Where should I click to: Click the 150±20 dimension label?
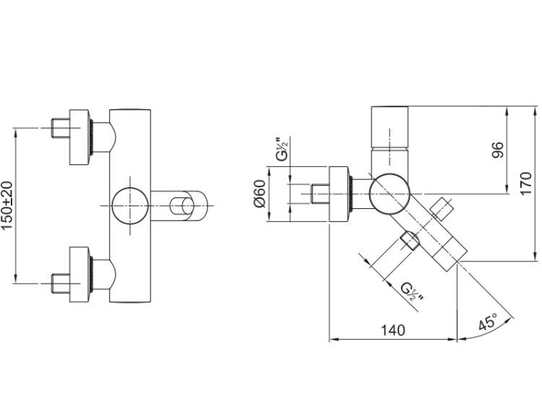click(7, 205)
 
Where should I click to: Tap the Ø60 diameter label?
click(259, 194)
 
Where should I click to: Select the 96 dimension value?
click(498, 150)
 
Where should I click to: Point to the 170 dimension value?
click(526, 183)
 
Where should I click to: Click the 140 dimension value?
click(393, 330)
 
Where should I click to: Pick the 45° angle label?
click(488, 322)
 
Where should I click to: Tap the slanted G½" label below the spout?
click(412, 292)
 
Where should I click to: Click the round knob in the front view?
click(130, 205)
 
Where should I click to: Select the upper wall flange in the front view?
click(79, 137)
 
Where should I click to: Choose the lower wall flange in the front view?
click(79, 275)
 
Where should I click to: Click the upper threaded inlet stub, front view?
click(61, 128)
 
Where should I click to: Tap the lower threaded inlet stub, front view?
click(61, 283)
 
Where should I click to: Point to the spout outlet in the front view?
click(182, 206)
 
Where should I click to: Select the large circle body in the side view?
click(390, 194)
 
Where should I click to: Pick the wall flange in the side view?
click(339, 194)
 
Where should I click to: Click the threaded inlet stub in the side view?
click(319, 194)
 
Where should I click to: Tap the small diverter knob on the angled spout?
click(441, 210)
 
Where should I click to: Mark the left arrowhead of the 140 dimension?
click(332, 340)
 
